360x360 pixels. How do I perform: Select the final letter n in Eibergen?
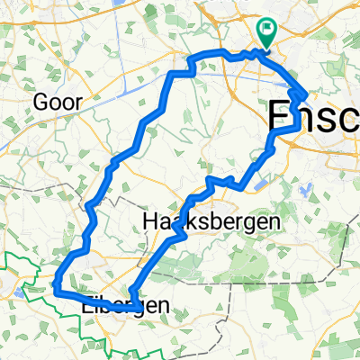point(162,306)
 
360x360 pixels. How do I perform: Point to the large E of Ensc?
point(281,117)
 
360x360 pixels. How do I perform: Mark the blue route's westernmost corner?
point(56,290)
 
